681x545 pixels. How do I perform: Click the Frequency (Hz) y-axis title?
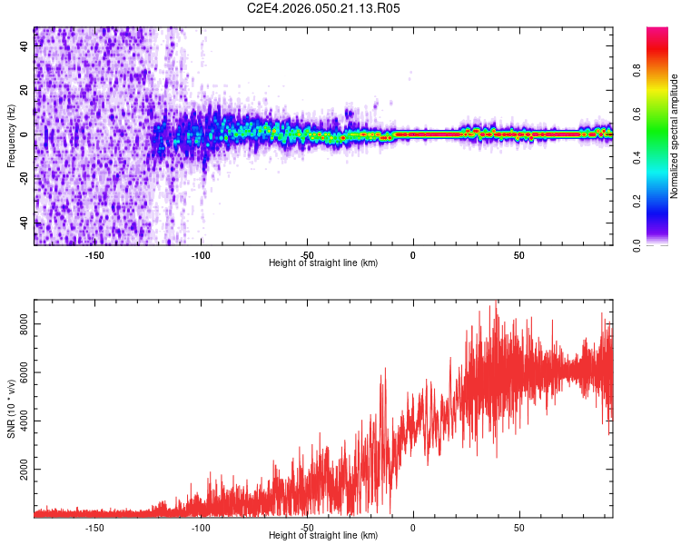click(11, 136)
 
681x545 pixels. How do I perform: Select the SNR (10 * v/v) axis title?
click(11, 410)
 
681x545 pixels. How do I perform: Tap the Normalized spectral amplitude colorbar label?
click(674, 137)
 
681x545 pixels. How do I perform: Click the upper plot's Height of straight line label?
click(323, 263)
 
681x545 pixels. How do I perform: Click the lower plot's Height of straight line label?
click(323, 535)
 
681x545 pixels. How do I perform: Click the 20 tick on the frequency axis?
click(25, 90)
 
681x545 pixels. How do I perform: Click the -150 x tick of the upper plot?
click(95, 254)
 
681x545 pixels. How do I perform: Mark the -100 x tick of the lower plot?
click(201, 527)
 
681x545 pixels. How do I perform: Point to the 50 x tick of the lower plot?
click(518, 527)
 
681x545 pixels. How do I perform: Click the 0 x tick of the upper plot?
click(413, 254)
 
